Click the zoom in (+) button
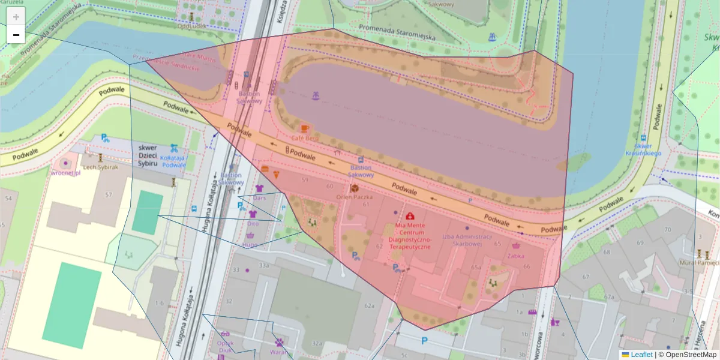coord(16,17)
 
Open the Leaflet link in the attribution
coord(641,355)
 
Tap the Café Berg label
coord(304,138)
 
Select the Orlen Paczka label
coord(355,197)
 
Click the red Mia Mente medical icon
coord(410,215)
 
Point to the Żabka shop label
coord(515,255)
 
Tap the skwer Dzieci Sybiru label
coord(148,155)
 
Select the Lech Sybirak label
coord(100,167)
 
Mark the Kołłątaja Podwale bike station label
coord(173,161)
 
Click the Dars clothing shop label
coord(259,197)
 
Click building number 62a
coord(369,306)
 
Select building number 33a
coord(263,265)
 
